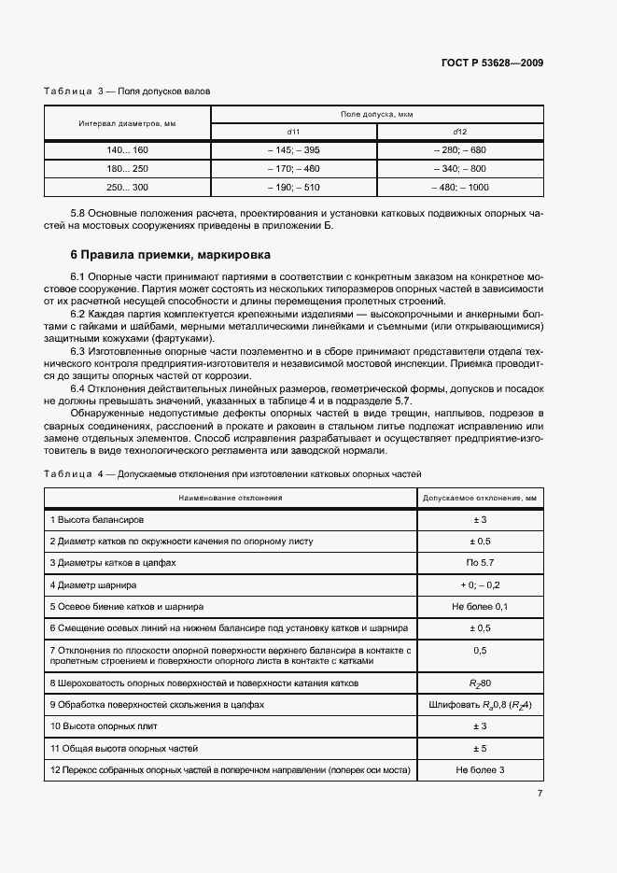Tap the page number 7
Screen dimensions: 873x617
point(540,794)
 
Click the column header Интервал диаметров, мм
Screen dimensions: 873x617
point(128,122)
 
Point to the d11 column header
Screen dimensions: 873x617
point(294,131)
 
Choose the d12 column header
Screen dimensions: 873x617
point(459,131)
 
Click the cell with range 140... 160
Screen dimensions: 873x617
point(128,149)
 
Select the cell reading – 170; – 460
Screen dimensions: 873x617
point(294,168)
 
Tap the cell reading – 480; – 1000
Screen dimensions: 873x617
point(460,187)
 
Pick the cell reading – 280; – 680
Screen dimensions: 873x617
point(460,149)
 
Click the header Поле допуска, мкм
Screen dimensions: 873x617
point(377,114)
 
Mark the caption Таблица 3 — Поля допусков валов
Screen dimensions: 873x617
point(127,92)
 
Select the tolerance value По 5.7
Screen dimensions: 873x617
point(480,563)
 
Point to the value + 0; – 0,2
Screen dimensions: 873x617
point(480,584)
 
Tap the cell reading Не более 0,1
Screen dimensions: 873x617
point(480,606)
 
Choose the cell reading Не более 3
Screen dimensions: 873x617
point(480,769)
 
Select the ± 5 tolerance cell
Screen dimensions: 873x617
point(480,748)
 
